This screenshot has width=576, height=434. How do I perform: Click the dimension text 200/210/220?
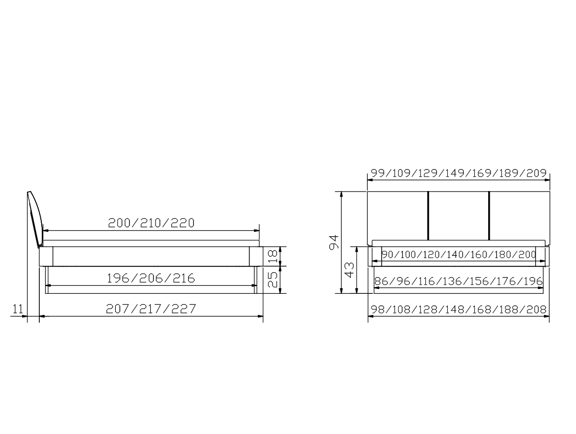[x=151, y=223]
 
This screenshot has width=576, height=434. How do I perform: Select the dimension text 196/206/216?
[x=151, y=278]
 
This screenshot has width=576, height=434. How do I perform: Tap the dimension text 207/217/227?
[x=151, y=309]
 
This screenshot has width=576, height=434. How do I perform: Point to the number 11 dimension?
[x=18, y=309]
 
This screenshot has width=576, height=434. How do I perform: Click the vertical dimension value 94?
[x=334, y=242]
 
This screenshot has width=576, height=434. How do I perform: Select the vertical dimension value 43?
[x=350, y=269]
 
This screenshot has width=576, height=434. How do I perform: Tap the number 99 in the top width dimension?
[x=378, y=173]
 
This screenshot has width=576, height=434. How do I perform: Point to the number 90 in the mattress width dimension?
[x=387, y=254]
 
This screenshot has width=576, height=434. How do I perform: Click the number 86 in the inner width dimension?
[x=381, y=281]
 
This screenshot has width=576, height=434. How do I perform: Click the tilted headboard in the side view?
[x=35, y=216]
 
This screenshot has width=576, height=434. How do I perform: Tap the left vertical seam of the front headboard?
[x=427, y=215]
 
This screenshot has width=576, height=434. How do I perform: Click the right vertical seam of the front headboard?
[x=489, y=215]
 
